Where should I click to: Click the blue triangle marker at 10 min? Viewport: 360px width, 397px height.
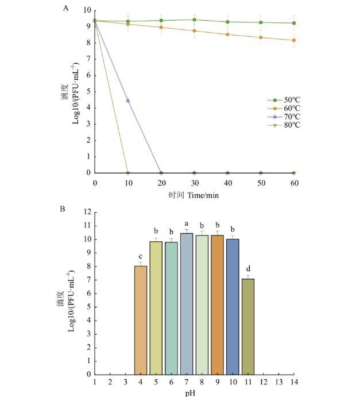pos(128,101)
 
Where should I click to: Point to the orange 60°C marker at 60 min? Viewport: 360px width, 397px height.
pos(294,40)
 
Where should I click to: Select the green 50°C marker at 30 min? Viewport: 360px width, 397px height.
pos(194,20)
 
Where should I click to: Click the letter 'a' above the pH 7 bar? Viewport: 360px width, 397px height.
pos(187,223)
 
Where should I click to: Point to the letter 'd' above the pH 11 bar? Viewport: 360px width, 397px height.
pos(248,268)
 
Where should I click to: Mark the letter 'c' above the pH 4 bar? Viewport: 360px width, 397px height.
pos(141,256)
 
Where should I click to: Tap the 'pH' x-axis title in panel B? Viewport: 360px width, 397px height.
pos(195,393)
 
